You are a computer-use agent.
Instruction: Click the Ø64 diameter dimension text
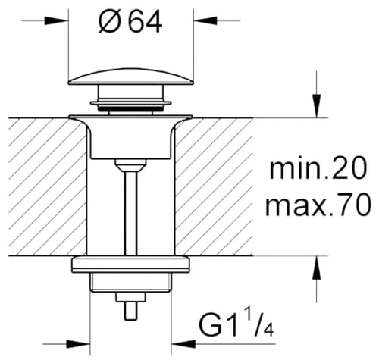(130, 22)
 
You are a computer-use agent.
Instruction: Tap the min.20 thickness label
(318, 167)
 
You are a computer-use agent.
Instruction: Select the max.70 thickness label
(318, 204)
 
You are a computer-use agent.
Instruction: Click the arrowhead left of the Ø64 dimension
(56, 20)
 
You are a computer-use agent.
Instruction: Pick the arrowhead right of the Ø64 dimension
(205, 20)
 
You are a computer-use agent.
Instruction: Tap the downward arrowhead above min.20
(316, 106)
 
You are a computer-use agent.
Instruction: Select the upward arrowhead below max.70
(316, 268)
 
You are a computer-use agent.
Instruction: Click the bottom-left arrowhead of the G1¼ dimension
(78, 344)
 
